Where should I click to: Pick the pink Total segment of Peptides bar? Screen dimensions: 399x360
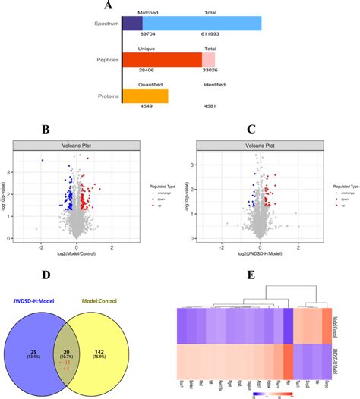(x=208, y=59)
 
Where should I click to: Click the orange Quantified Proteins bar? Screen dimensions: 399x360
(x=145, y=96)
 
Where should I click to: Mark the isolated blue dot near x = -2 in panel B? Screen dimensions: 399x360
(x=43, y=161)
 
